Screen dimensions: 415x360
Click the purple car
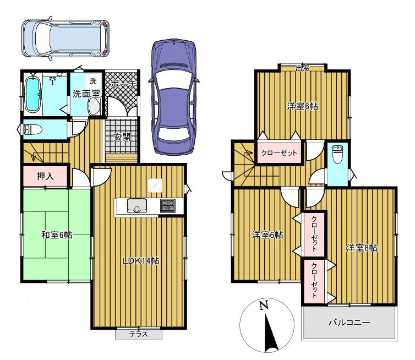[x=173, y=97]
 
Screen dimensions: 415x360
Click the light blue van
[x=65, y=39]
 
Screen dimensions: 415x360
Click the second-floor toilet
[x=337, y=154]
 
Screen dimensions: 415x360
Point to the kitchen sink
[x=137, y=205]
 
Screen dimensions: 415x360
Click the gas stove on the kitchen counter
[x=167, y=205]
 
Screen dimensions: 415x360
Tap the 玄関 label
[x=122, y=138]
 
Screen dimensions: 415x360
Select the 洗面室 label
[x=86, y=94]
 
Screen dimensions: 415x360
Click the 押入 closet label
[x=45, y=176]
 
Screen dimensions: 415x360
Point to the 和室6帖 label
[x=57, y=234]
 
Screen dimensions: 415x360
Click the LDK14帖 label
[x=140, y=261]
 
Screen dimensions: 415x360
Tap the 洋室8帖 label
[x=362, y=248]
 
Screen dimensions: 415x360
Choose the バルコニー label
[x=349, y=323]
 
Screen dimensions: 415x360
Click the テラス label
[x=138, y=334]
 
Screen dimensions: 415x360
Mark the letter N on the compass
[x=263, y=306]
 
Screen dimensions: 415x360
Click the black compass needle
[x=270, y=332]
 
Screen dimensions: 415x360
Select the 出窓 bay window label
[x=302, y=68]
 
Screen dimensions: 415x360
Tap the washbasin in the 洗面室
[x=94, y=106]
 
